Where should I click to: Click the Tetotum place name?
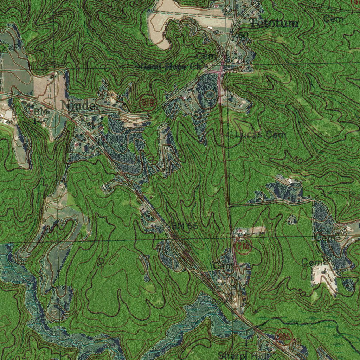(275, 24)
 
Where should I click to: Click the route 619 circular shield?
(147, 103)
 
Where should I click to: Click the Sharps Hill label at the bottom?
(239, 355)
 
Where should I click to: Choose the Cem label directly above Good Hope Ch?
(203, 56)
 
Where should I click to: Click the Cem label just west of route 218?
(222, 265)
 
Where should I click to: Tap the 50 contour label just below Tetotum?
(243, 35)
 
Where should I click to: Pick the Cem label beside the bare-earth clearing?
(310, 262)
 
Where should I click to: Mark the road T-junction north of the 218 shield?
(229, 206)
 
